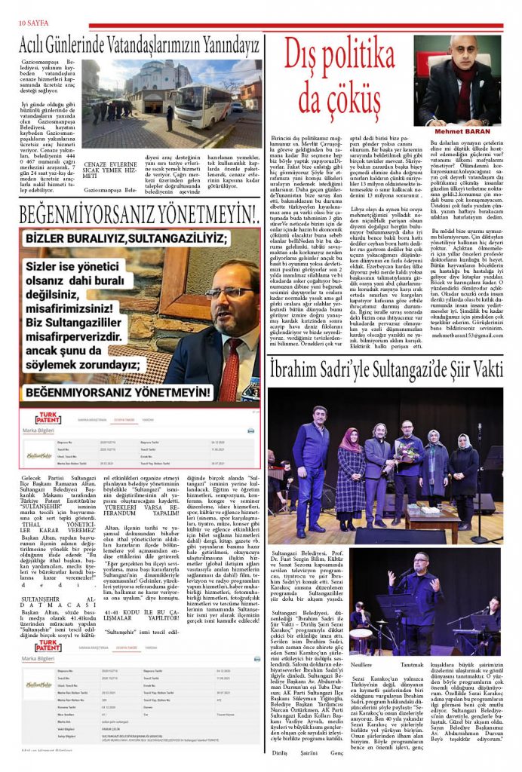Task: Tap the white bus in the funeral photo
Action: coord(198,106)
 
